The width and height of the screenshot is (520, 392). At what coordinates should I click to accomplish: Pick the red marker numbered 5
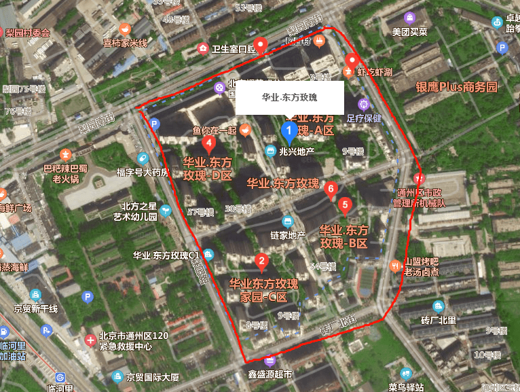tap(345, 204)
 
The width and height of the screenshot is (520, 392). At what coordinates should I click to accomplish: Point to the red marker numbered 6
tap(331, 189)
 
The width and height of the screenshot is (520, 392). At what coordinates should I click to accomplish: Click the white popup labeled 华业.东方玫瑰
tap(290, 97)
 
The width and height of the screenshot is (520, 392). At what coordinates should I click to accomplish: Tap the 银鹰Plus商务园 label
tap(456, 87)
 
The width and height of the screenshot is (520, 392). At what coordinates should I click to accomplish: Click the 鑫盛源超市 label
tap(270, 374)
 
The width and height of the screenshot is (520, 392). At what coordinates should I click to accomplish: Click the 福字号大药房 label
tap(142, 172)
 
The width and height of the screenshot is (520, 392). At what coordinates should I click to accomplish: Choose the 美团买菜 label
tap(409, 31)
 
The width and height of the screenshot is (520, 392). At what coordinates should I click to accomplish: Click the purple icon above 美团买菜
tap(409, 18)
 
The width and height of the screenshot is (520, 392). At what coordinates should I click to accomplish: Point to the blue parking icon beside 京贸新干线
tap(87, 297)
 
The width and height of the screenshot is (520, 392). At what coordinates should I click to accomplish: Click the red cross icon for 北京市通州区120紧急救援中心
tap(90, 340)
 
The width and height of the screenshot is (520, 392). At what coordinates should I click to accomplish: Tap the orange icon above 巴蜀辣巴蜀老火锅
tap(66, 154)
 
